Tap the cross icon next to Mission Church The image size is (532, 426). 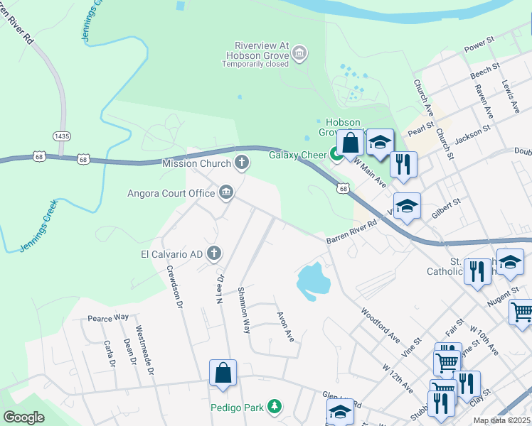242,163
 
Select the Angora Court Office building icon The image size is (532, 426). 226,192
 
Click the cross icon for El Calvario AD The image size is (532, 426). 213,253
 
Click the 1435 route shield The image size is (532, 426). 62,136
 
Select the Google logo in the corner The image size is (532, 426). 23,417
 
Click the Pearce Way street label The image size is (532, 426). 107,318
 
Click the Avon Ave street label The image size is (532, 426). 284,324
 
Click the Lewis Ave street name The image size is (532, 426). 511,96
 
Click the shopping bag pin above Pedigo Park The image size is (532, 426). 223,372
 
